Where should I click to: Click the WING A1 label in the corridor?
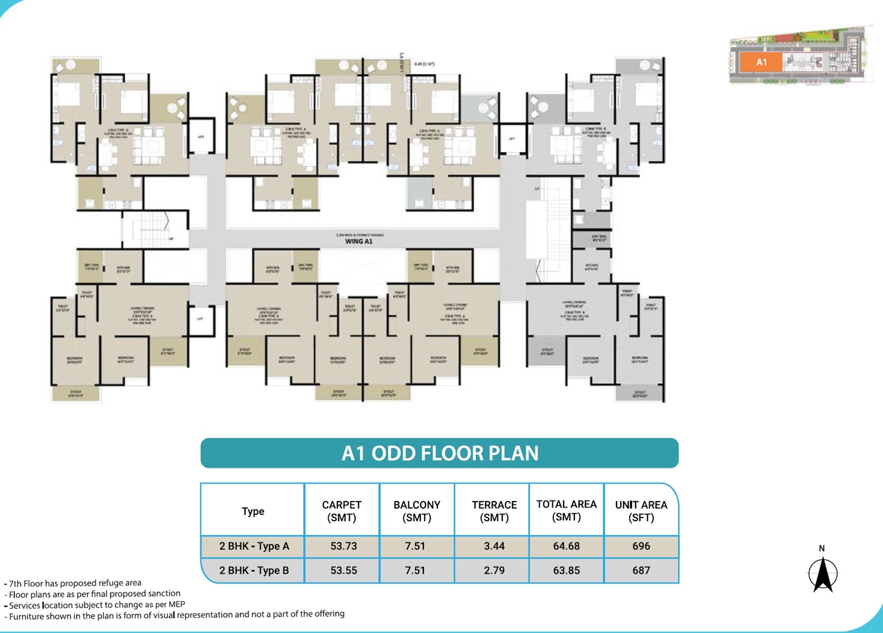tap(359, 242)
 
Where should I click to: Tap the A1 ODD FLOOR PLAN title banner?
tap(439, 453)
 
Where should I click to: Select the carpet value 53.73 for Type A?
tap(343, 546)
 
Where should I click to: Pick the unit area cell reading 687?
tap(641, 571)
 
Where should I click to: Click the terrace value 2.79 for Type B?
tap(494, 571)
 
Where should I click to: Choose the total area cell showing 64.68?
tap(566, 546)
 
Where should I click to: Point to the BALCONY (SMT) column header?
tap(417, 511)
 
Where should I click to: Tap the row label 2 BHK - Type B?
tap(254, 571)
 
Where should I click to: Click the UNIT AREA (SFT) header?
tap(641, 511)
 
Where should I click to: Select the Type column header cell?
tap(253, 511)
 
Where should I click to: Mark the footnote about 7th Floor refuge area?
tap(74, 583)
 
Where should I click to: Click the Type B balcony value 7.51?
tap(415, 571)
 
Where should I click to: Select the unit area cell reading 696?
tap(641, 546)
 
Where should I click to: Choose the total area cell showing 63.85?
tap(566, 571)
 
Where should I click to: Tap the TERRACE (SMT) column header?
tap(494, 511)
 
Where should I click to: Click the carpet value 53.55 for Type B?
tap(343, 571)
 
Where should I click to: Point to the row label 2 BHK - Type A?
tap(254, 546)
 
